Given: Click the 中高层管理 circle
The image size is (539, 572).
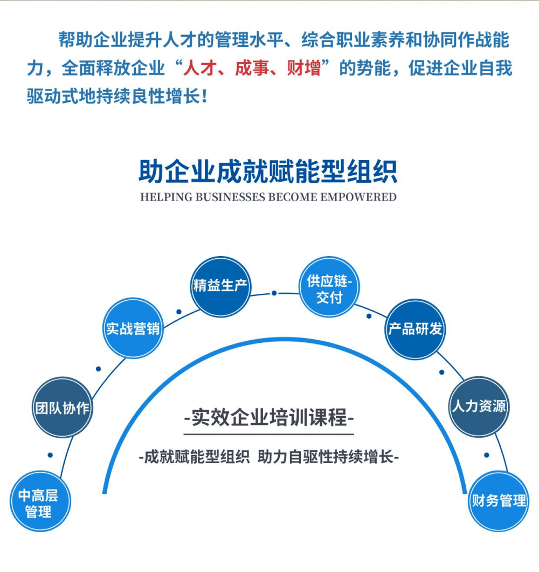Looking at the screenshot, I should click(x=40, y=501).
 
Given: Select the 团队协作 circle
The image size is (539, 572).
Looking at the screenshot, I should click(x=63, y=407).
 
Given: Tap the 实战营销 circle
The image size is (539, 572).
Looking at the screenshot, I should click(x=133, y=328).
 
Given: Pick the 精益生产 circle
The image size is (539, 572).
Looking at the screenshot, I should click(x=221, y=286).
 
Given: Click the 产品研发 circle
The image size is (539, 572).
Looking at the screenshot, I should click(x=416, y=329).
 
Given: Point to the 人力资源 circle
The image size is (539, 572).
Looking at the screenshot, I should click(x=479, y=406).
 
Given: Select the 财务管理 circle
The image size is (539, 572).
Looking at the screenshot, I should click(x=499, y=500).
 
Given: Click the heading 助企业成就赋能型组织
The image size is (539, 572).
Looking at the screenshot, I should click(x=268, y=171).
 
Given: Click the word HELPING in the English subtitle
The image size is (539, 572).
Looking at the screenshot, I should click(x=166, y=197).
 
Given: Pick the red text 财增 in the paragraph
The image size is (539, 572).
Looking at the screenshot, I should click(x=303, y=68).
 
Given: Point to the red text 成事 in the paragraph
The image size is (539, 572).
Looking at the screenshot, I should click(x=252, y=68).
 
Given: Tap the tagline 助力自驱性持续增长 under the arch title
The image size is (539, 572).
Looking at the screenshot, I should click(x=329, y=458).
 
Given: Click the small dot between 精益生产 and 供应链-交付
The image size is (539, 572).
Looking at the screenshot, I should click(x=274, y=293).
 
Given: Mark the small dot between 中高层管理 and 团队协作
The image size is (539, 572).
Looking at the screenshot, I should click(x=50, y=455).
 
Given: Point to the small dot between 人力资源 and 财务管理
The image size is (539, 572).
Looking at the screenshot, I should click(x=487, y=455).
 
